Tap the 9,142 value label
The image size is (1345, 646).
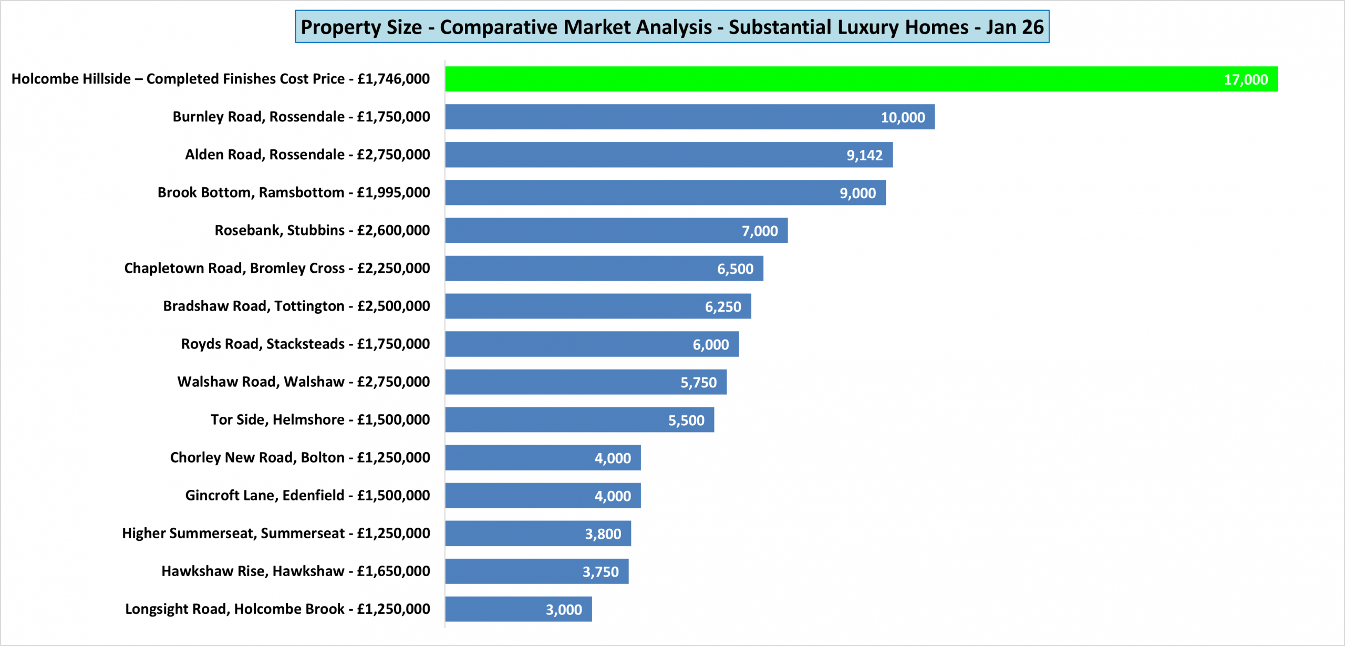click(x=864, y=155)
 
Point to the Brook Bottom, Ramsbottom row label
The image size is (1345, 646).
click(x=294, y=192)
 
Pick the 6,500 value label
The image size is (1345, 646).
click(x=735, y=269)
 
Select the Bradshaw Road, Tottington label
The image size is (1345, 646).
click(x=296, y=306)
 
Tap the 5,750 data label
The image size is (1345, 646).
click(x=698, y=382)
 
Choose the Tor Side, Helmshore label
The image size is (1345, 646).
click(x=320, y=419)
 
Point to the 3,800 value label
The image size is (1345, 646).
click(x=603, y=534)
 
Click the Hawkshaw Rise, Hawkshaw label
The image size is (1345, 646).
click(x=295, y=571)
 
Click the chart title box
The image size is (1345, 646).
click(x=672, y=27)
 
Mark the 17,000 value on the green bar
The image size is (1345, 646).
click(x=1246, y=79)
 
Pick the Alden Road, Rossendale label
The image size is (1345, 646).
click(x=307, y=155)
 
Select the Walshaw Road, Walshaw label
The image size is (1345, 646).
click(x=303, y=382)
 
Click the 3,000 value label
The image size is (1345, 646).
click(x=563, y=609)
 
